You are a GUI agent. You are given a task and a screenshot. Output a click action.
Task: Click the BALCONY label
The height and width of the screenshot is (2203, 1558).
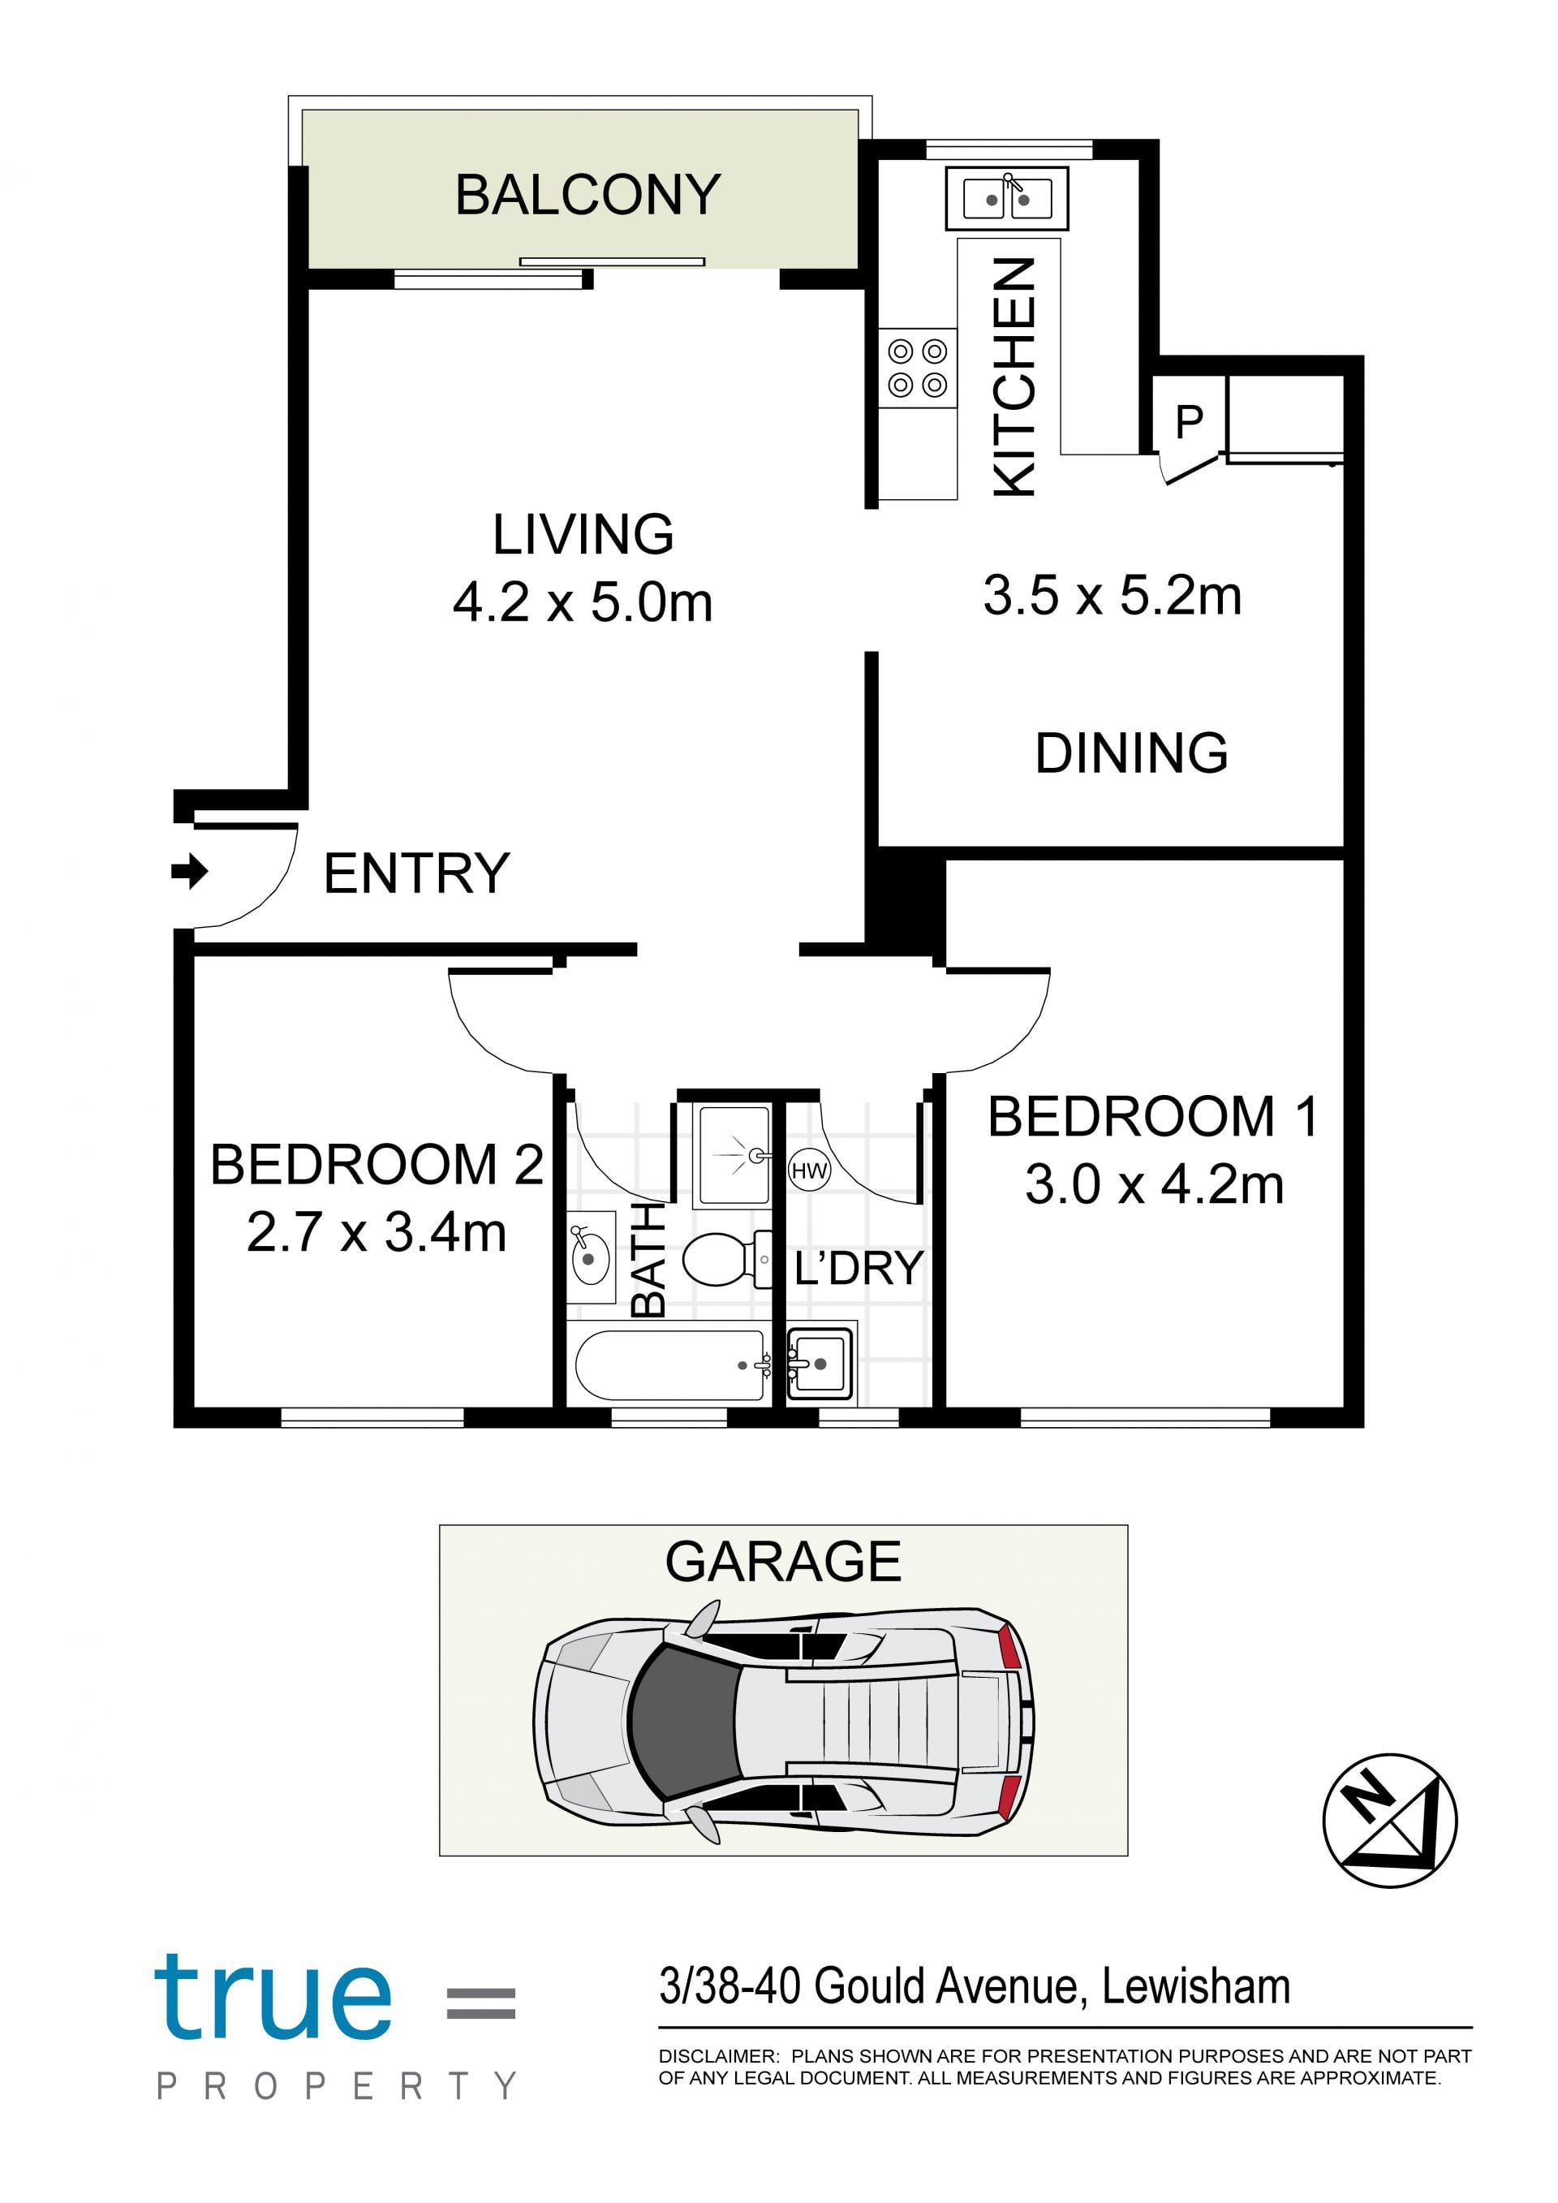coord(587,195)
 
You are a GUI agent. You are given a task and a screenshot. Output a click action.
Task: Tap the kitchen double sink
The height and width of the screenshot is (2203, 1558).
coord(1006,199)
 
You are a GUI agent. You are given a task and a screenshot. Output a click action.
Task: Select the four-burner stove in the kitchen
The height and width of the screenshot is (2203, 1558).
coord(918,368)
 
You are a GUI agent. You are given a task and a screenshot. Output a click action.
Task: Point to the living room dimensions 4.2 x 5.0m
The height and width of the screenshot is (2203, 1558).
coord(583,602)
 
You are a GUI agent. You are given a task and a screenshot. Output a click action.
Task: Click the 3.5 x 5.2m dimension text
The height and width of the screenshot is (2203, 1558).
coord(1112,595)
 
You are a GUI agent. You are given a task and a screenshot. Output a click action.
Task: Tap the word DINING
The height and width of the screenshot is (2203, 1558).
coord(1131,753)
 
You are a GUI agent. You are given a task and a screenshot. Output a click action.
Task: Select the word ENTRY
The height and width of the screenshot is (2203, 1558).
coord(416,873)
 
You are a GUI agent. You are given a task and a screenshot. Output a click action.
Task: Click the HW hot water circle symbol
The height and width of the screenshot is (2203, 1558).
coord(809,1170)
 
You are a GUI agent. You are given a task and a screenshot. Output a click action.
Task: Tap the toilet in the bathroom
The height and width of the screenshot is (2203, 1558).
coord(726,1259)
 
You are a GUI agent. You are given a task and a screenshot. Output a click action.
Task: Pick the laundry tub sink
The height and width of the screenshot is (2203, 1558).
coord(820,1364)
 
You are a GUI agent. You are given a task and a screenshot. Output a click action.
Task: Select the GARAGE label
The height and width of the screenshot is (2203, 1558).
coord(783,1562)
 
